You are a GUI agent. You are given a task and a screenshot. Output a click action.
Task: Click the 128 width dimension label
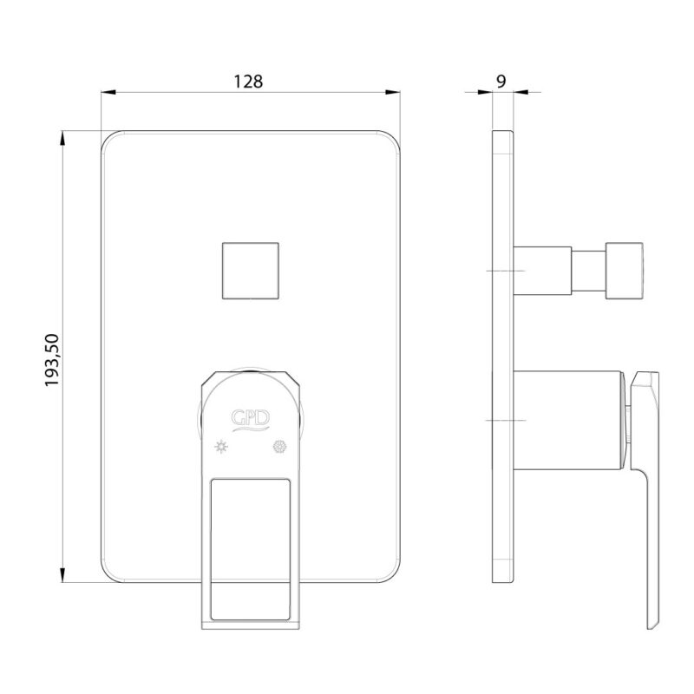coord(248,82)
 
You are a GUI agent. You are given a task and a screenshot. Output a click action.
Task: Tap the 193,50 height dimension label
coord(52,360)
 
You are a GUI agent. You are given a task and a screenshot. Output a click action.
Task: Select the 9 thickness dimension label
coord(501,82)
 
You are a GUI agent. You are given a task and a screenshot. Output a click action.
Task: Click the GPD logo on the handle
coord(251,420)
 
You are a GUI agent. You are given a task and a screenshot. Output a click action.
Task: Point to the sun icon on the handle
coord(221,447)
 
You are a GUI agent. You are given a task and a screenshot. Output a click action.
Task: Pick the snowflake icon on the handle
coord(279,447)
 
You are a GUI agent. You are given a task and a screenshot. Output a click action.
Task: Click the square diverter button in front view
coord(251,271)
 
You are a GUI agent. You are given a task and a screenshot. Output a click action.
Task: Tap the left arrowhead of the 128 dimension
coord(108,92)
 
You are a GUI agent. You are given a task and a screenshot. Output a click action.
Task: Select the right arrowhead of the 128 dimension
coord(393,92)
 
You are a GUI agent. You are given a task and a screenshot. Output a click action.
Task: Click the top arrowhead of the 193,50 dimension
coord(62,138)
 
